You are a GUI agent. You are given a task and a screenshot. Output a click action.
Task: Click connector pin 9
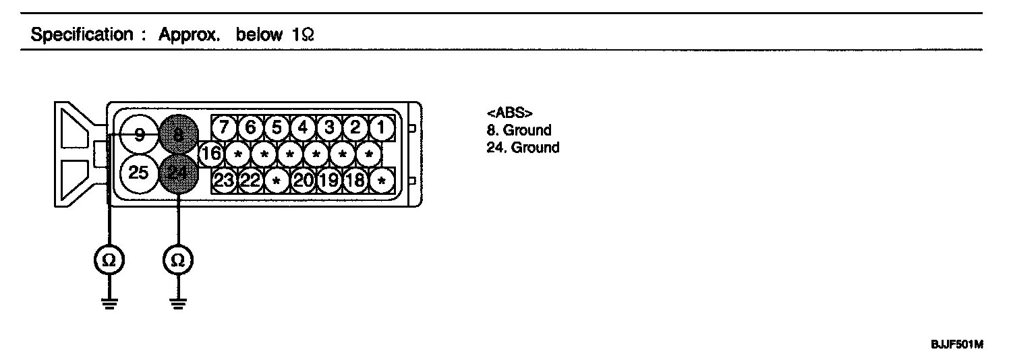[139, 135]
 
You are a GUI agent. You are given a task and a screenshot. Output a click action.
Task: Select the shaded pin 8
[179, 135]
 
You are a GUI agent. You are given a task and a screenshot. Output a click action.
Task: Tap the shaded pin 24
[178, 174]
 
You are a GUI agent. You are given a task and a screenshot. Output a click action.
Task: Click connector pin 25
[139, 173]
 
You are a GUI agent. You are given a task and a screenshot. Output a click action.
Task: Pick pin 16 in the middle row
[211, 154]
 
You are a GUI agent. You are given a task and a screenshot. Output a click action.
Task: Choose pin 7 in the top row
[225, 127]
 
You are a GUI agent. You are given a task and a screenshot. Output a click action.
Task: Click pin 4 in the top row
[303, 127]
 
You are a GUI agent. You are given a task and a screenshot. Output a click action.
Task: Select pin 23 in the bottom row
[225, 181]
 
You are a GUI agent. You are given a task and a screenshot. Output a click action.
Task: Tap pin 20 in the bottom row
[304, 181]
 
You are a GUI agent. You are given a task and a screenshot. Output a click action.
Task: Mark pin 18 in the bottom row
[355, 181]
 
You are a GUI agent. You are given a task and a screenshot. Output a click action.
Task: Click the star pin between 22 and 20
[277, 181]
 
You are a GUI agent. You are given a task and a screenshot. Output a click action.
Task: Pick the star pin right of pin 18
[382, 181]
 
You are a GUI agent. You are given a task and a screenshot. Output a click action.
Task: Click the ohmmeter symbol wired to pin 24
[178, 259]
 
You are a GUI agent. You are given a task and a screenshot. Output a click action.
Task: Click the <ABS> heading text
[505, 113]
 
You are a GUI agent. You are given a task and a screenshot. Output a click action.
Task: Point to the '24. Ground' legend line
[523, 147]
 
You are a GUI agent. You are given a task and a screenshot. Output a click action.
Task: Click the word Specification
[82, 35]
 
